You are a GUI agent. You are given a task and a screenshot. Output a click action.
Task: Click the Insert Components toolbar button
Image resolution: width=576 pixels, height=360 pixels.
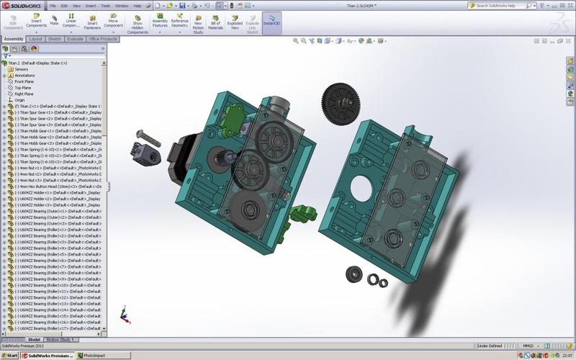coord(36,22)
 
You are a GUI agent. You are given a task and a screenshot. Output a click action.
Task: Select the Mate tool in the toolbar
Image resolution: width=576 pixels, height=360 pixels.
coord(54,22)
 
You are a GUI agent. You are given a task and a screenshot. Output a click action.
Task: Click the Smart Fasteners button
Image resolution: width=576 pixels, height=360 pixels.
coord(91,22)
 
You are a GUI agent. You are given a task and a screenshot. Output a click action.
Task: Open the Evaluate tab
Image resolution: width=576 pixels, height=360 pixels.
coord(75,39)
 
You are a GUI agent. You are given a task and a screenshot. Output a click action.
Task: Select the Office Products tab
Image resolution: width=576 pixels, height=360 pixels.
coord(103,39)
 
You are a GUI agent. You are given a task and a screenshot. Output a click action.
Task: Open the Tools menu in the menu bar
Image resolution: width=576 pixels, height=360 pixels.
coord(106,6)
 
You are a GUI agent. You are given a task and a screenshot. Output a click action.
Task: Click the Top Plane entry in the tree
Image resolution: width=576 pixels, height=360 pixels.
coord(24,87)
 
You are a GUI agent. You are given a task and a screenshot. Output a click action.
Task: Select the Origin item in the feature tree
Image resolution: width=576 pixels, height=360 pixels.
coord(19,100)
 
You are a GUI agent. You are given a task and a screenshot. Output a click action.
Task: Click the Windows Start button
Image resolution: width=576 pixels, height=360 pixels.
coord(9,355)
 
